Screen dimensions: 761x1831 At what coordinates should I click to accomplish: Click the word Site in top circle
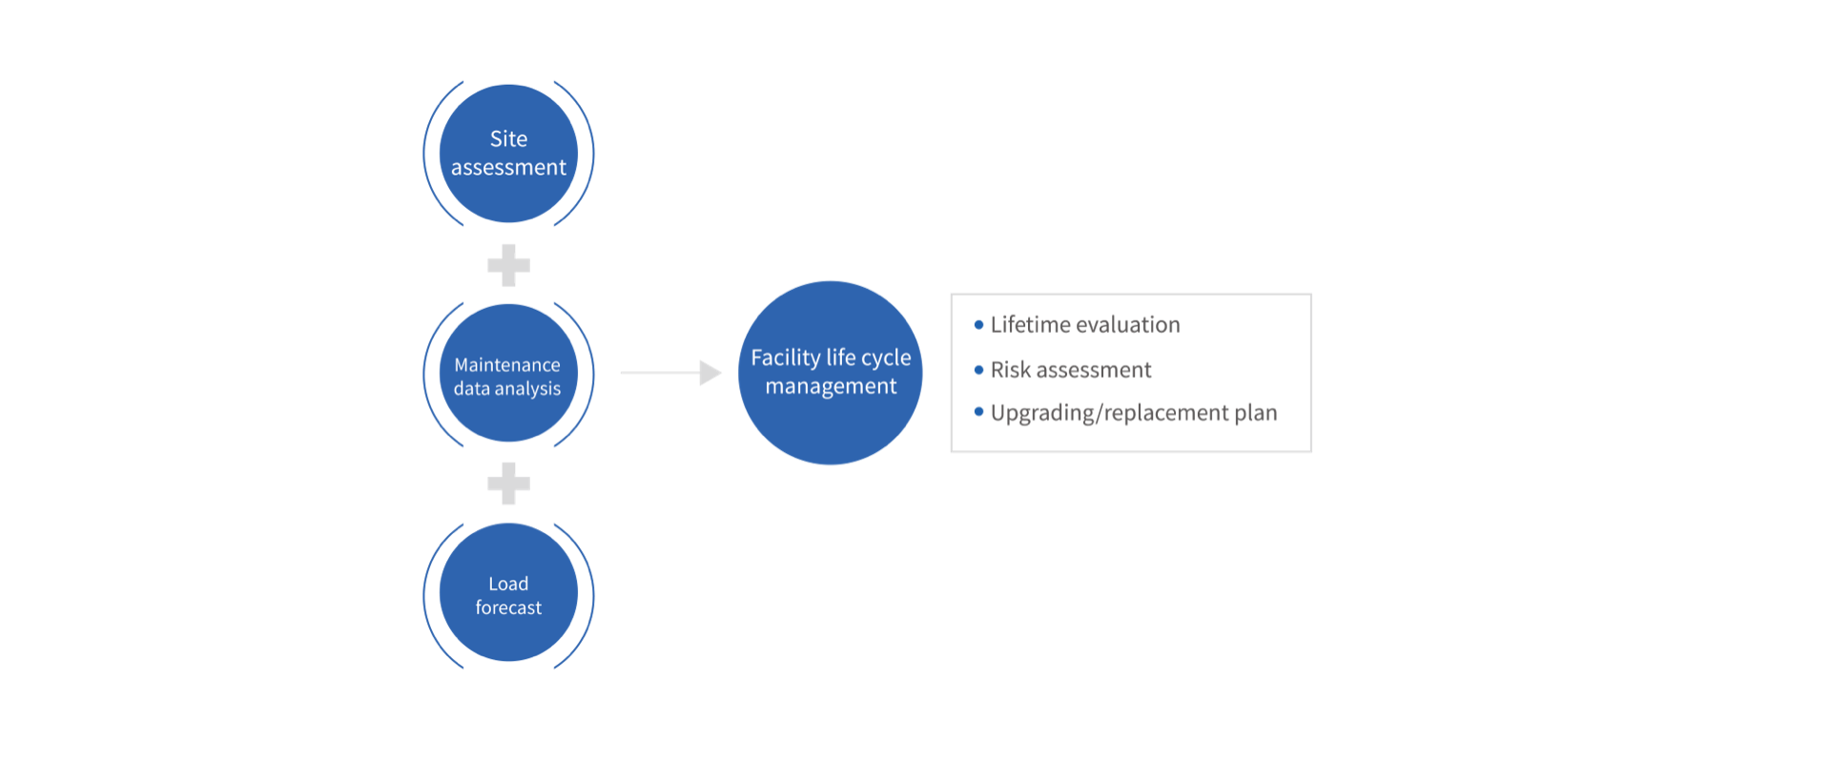(x=508, y=139)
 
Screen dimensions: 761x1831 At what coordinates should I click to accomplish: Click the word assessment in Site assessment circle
(x=508, y=168)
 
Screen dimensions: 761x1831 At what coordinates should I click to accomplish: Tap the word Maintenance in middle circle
(x=507, y=365)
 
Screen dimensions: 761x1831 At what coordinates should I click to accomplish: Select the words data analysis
(x=507, y=389)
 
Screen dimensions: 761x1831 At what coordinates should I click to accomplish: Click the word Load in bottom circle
(x=508, y=584)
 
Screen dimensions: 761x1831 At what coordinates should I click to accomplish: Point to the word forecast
(x=508, y=607)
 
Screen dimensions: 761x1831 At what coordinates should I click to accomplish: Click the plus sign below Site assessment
(x=508, y=265)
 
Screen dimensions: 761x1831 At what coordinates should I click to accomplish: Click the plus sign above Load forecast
(x=508, y=483)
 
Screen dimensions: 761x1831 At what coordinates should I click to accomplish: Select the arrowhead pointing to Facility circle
(x=710, y=373)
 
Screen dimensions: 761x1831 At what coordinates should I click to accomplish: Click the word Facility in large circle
(x=785, y=358)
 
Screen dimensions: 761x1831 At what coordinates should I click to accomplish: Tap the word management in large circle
(x=831, y=386)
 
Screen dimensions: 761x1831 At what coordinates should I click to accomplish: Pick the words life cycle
(x=869, y=358)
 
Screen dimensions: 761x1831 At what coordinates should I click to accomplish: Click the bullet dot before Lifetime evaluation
(x=978, y=324)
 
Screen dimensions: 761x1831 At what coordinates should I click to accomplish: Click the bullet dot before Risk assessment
(x=978, y=369)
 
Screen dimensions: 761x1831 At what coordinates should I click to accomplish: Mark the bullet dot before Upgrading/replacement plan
(x=978, y=412)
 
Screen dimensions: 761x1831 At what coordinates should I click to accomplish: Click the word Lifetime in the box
(x=1030, y=325)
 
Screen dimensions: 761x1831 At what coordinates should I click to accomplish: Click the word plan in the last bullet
(x=1255, y=413)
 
